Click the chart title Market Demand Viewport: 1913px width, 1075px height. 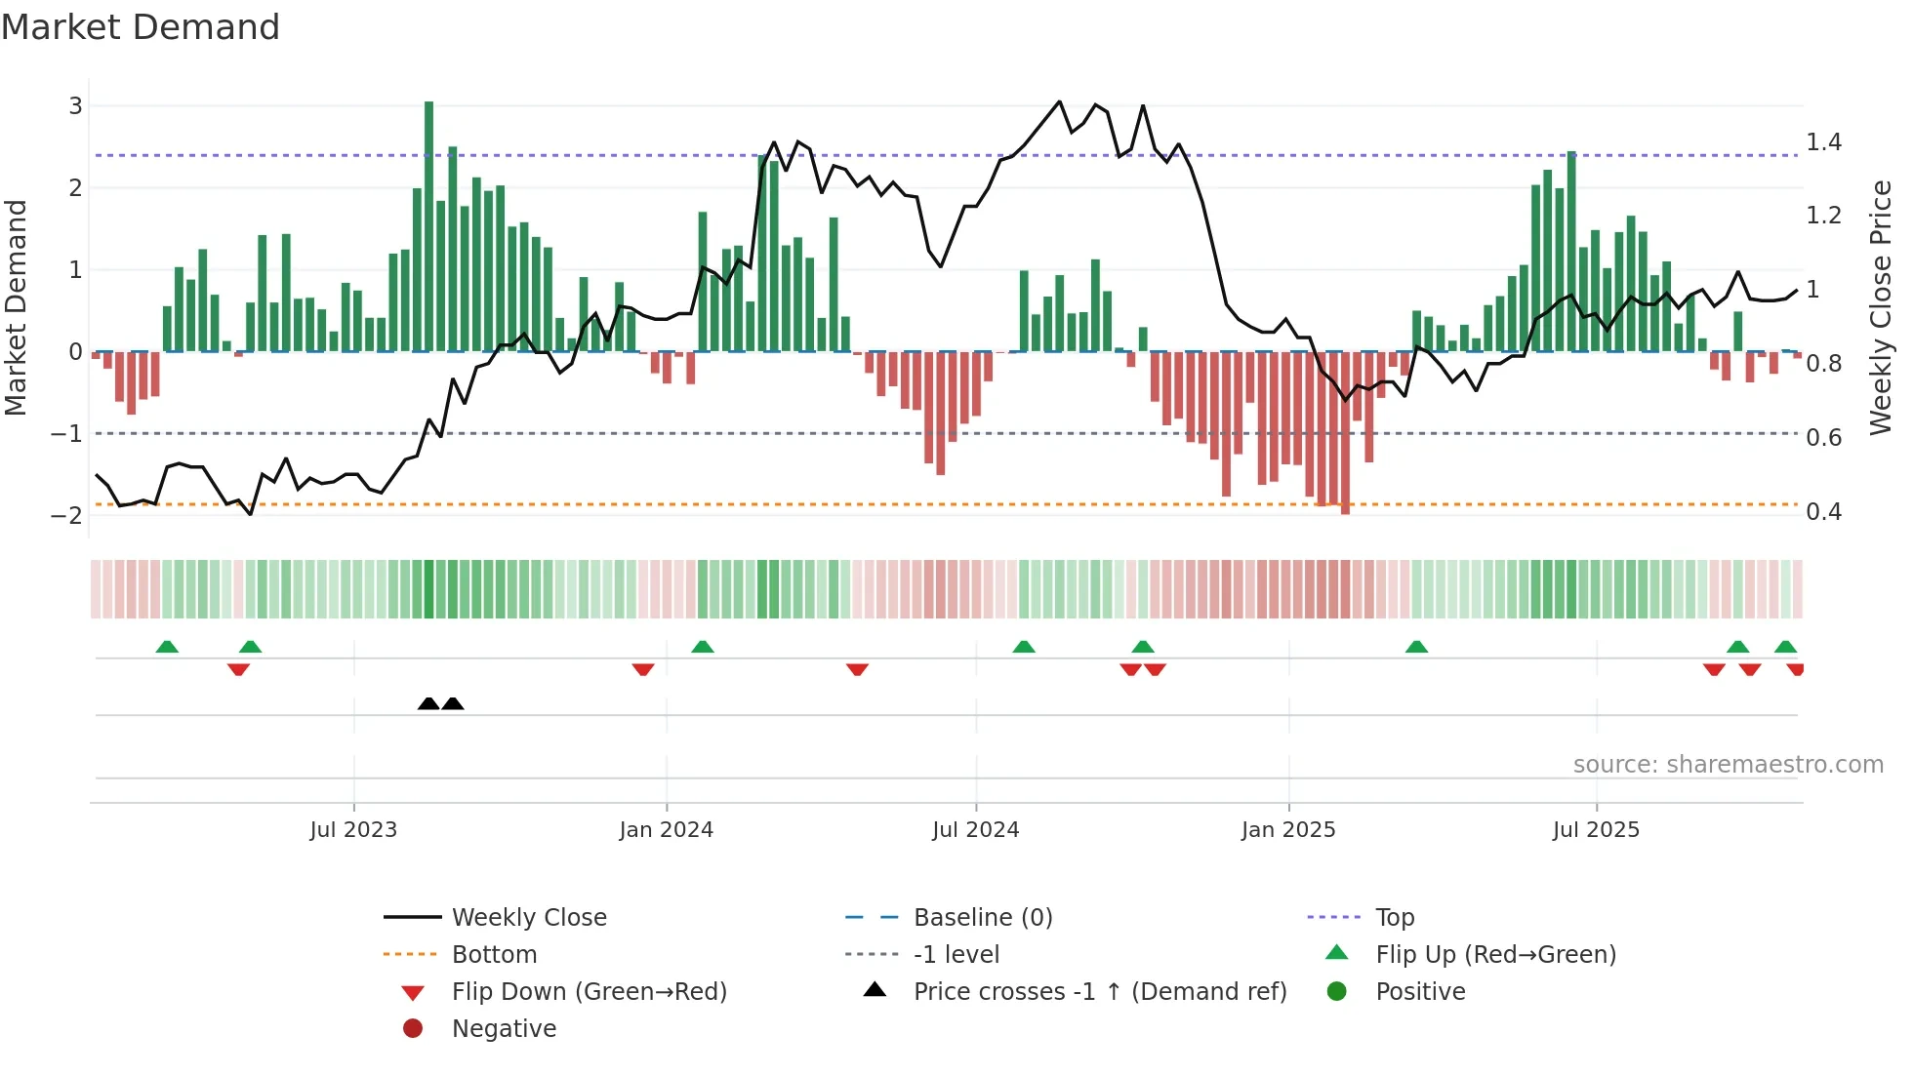(141, 27)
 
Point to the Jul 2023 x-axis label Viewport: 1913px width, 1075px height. (353, 830)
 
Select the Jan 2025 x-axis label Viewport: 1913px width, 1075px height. (1288, 830)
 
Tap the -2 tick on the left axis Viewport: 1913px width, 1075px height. (67, 515)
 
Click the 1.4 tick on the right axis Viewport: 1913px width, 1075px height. (1823, 142)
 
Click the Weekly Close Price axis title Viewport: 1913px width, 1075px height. (1880, 307)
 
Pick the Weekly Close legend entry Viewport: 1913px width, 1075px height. (528, 917)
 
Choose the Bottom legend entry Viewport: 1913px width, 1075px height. (494, 954)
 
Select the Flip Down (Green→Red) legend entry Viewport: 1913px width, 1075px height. (589, 991)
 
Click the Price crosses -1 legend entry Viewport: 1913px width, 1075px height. (1099, 991)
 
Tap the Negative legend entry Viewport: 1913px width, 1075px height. (504, 1028)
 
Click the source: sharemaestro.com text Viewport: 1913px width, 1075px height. (1728, 764)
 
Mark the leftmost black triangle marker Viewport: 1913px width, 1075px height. (428, 703)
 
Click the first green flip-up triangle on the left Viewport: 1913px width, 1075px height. (167, 647)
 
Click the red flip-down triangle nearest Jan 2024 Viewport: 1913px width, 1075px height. (643, 669)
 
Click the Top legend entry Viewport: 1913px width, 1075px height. (1395, 917)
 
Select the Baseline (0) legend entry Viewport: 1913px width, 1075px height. (982, 917)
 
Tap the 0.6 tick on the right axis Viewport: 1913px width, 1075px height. (1823, 438)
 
